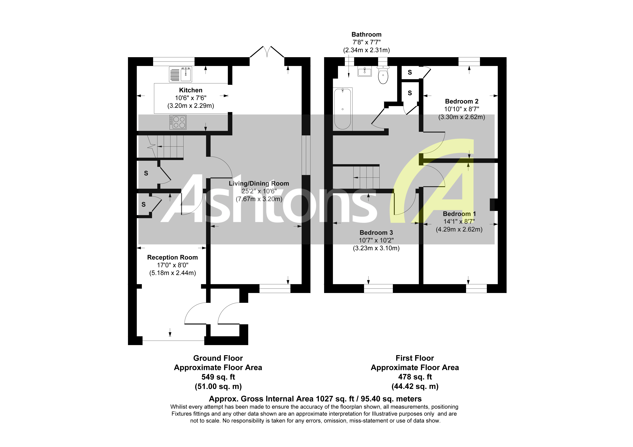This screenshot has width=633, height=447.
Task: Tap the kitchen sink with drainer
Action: tap(181, 74)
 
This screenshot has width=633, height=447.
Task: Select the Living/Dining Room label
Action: tap(259, 184)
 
